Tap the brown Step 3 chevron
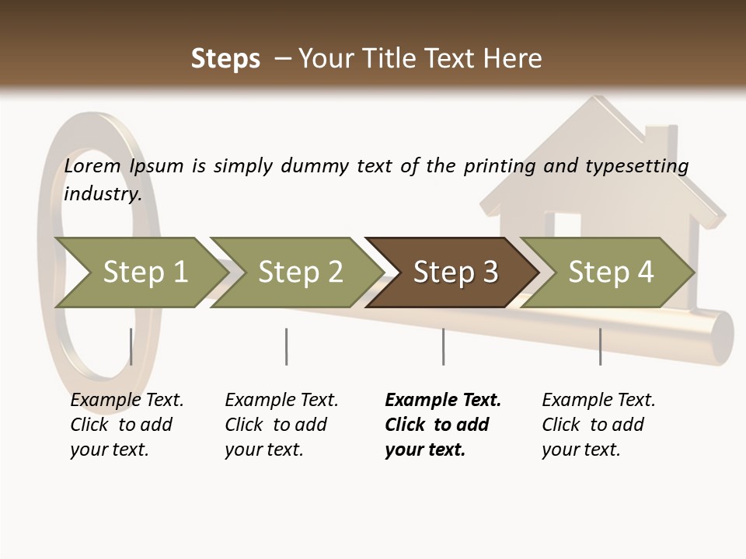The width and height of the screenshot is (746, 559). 455,273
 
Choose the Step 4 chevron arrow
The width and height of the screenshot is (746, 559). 610,273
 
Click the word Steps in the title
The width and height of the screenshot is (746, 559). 225,59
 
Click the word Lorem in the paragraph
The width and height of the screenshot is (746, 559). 92,166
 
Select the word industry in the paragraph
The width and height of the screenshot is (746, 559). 102,193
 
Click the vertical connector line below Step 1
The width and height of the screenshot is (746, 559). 131,346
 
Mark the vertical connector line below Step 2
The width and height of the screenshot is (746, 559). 287,346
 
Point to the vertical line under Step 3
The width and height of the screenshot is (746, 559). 443,346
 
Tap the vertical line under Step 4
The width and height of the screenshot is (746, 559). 600,346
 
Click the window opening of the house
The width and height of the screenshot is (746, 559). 567,224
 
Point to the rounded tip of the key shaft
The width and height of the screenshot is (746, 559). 723,337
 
